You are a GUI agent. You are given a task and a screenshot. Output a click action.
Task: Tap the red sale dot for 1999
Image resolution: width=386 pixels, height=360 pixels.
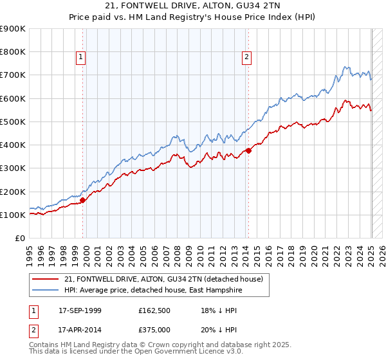(83, 200)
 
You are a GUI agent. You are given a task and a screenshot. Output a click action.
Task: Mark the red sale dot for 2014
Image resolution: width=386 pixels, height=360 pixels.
(248, 150)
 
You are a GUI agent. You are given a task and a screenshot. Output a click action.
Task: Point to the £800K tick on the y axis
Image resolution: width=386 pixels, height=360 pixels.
(14, 52)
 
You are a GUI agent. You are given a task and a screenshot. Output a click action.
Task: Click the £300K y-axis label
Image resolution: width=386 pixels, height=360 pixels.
(14, 168)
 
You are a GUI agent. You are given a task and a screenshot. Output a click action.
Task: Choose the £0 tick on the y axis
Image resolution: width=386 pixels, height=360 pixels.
(19, 239)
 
